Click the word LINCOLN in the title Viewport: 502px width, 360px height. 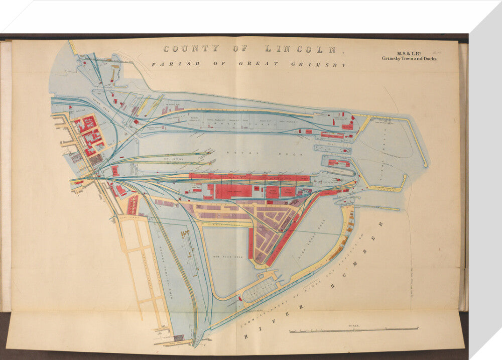304,49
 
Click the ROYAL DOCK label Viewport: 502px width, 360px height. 248,153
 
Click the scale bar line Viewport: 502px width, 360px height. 354,330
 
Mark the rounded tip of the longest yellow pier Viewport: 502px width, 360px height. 425,164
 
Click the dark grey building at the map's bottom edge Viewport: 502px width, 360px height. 179,338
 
